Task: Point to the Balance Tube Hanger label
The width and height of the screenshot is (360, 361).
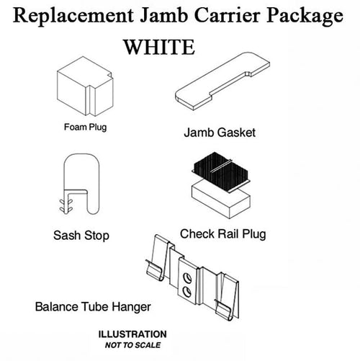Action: [93, 307]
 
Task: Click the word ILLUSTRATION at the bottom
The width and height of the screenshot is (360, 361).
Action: [132, 335]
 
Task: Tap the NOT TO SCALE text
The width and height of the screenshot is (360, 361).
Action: [132, 345]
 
